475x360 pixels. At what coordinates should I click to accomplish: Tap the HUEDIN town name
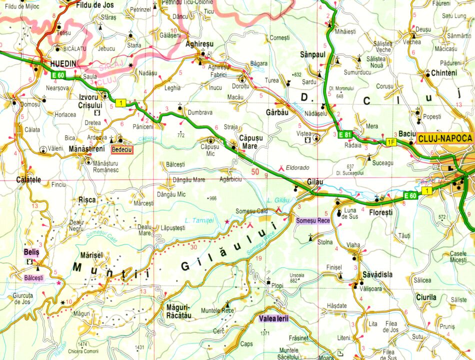63,64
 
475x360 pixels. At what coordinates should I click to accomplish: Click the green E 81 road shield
344,135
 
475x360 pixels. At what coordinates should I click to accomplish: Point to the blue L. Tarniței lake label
199,220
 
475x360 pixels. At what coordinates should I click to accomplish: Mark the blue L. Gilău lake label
279,200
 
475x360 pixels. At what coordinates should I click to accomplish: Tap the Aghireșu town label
200,43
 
